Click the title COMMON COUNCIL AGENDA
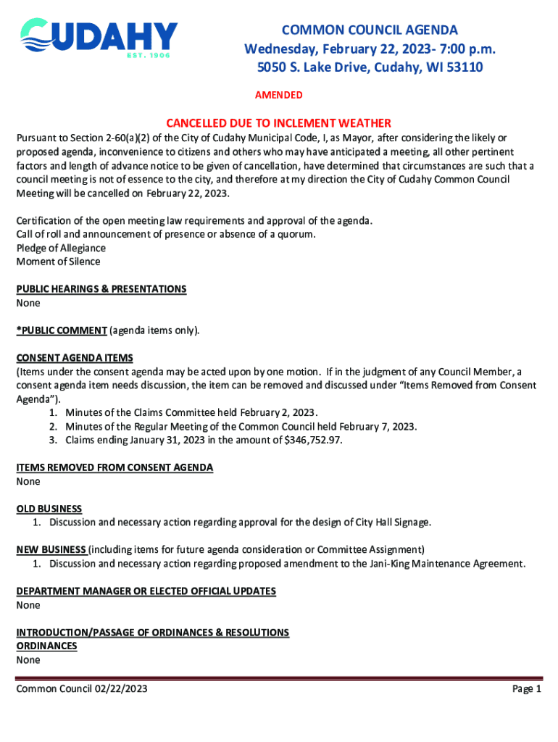click(x=370, y=30)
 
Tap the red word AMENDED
click(x=279, y=96)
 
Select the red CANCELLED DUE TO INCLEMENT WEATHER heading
click(x=278, y=123)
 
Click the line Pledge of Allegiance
click(x=61, y=248)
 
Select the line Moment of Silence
click(x=58, y=262)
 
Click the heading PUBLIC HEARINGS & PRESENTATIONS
click(x=101, y=289)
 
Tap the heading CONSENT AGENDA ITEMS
click(x=75, y=358)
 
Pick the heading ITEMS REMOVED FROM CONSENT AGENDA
click(x=114, y=467)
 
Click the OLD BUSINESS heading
click(x=49, y=509)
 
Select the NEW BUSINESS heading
click(x=51, y=549)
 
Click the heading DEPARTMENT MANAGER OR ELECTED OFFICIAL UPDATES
click(x=146, y=591)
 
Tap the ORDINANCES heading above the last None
click(x=46, y=646)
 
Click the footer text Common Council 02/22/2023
click(x=82, y=689)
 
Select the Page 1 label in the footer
click(x=527, y=689)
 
